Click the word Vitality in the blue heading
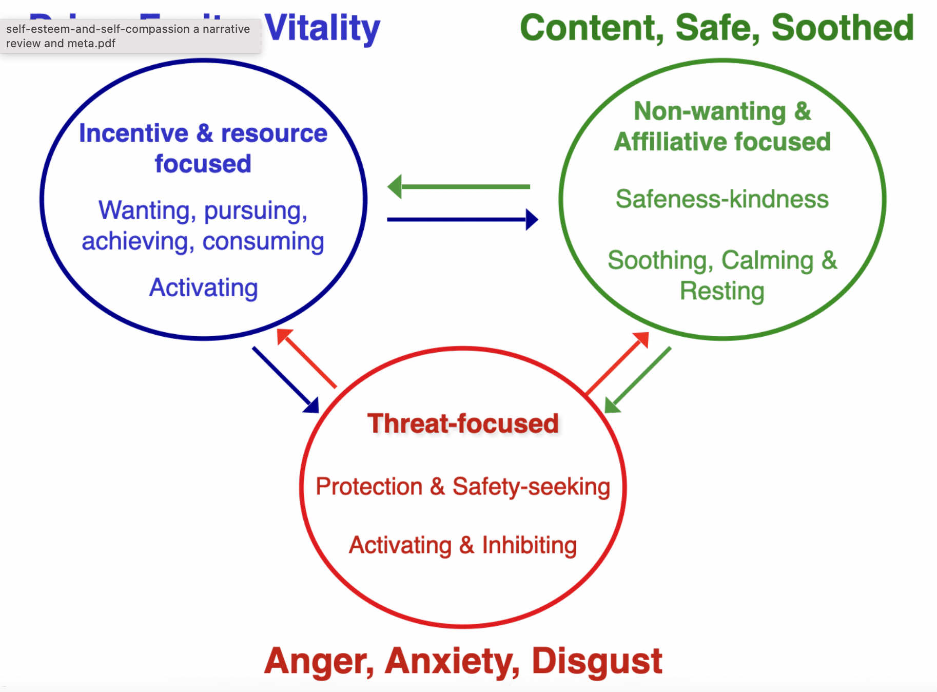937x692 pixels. click(x=322, y=28)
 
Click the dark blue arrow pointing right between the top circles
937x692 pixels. click(x=462, y=220)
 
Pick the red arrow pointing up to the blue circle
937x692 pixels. click(x=306, y=358)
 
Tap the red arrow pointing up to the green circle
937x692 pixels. click(x=617, y=363)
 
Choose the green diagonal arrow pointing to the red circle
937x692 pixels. click(x=638, y=380)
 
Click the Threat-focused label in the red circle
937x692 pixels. click(x=463, y=424)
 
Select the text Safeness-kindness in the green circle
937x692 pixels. click(x=722, y=199)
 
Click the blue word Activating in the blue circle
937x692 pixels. click(x=203, y=287)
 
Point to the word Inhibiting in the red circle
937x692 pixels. click(x=529, y=545)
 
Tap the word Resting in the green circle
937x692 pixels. click(x=722, y=291)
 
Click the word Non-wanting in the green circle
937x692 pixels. click(x=710, y=111)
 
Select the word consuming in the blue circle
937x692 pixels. click(x=263, y=241)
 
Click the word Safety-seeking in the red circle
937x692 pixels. click(x=531, y=487)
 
